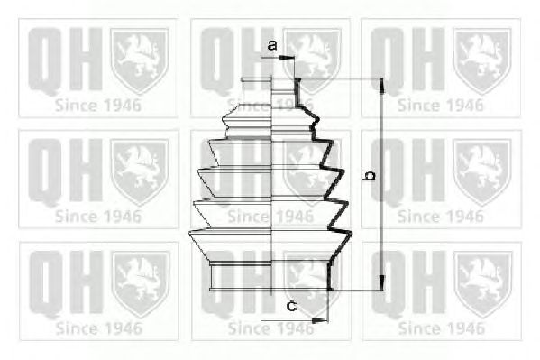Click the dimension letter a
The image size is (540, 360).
(272, 45)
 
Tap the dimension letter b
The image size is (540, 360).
(370, 175)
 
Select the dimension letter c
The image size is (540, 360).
(292, 306)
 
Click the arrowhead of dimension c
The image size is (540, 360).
(320, 320)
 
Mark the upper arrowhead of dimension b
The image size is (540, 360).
(381, 86)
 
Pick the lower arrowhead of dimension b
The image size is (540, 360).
(381, 282)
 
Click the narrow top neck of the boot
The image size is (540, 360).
(270, 91)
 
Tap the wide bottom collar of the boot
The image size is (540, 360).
(270, 276)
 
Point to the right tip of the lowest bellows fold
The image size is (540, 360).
(352, 235)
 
